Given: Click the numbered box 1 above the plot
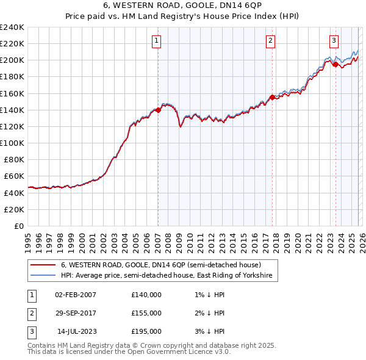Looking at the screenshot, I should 157,41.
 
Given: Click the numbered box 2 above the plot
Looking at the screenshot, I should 270,41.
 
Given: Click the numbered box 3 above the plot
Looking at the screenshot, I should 334,41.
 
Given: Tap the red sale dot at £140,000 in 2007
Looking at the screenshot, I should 158,110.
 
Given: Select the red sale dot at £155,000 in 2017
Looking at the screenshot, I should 272,97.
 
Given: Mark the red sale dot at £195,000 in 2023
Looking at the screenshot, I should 335,64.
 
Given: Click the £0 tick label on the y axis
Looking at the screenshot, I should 18,226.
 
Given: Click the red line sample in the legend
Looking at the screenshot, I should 43,265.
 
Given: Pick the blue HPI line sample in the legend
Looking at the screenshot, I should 43,276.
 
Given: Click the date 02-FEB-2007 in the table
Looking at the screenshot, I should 75,294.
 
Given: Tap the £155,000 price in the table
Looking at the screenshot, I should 146,313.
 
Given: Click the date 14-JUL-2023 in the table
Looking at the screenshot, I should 76,331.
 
